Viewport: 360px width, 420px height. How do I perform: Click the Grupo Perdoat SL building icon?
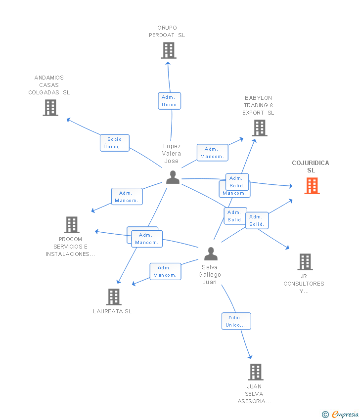pos(169,50)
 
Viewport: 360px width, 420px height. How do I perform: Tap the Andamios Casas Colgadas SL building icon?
pos(50,107)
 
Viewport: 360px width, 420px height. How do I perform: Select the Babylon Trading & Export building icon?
pos(259,128)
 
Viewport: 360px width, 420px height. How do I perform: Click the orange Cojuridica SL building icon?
pos(312,186)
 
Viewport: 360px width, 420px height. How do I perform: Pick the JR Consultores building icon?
pos(305,262)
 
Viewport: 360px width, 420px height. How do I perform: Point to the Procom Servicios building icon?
pos(72,225)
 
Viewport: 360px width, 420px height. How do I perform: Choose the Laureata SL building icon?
pos(114,296)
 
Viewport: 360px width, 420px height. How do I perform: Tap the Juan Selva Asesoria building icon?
pos(255,372)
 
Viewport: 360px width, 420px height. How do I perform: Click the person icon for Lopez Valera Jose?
pos(173,177)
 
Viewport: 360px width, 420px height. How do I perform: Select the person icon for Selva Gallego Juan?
pos(211,253)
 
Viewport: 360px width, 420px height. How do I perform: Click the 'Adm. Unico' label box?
pos(169,101)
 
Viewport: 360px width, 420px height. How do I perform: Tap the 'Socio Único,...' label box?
pos(114,143)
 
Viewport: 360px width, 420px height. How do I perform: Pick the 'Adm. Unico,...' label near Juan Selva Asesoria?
pos(236,321)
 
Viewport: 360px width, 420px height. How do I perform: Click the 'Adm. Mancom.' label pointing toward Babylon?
pos(212,153)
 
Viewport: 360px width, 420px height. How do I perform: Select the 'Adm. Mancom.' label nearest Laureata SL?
pos(165,271)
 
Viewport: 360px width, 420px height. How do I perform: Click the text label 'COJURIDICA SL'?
pos(311,167)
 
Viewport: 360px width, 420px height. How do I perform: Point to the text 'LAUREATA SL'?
pos(113,311)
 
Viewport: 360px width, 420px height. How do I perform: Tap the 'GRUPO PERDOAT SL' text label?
pos(167,31)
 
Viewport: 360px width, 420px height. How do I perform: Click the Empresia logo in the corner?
pos(345,414)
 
